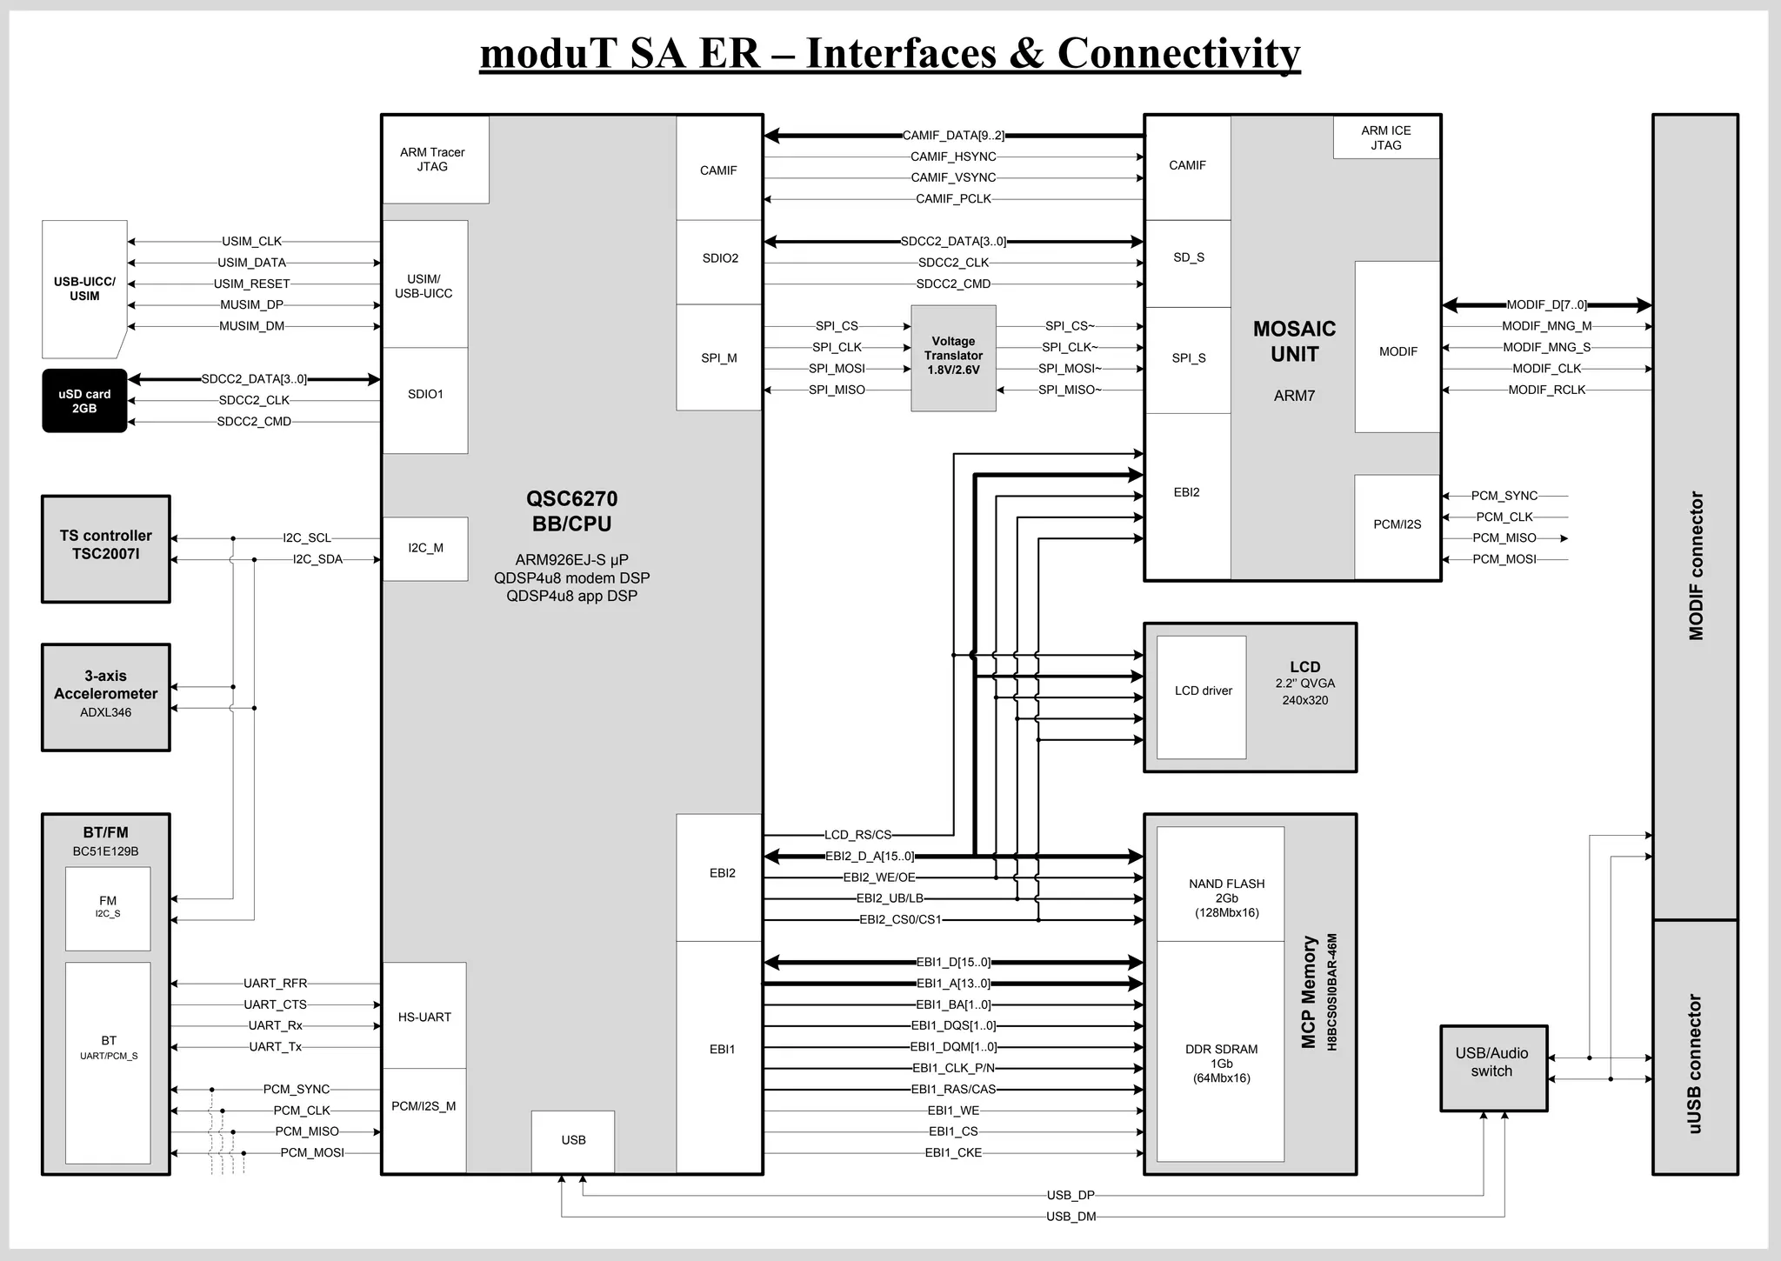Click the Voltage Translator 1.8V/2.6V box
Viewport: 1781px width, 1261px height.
pyautogui.click(x=953, y=357)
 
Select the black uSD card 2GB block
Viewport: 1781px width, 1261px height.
pyautogui.click(x=84, y=401)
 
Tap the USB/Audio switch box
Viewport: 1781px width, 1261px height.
pyautogui.click(x=1493, y=1067)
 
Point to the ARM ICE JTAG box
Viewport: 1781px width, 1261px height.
pyautogui.click(x=1385, y=137)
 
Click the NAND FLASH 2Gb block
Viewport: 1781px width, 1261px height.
pyautogui.click(x=1221, y=884)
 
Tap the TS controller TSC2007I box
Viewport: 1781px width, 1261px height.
pyautogui.click(x=106, y=549)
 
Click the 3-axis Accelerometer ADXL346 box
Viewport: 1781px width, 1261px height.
pyautogui.click(x=106, y=697)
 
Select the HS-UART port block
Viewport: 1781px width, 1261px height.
pyautogui.click(x=424, y=1016)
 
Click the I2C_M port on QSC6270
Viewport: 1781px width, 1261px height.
pyautogui.click(x=425, y=548)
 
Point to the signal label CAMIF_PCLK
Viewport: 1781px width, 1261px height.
pyautogui.click(x=953, y=199)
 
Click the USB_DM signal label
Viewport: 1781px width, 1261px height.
pyautogui.click(x=1071, y=1217)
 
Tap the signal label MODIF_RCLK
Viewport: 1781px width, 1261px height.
pyautogui.click(x=1546, y=390)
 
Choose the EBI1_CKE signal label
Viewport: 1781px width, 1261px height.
pyautogui.click(x=953, y=1153)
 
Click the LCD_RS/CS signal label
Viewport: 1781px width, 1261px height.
pyautogui.click(x=857, y=835)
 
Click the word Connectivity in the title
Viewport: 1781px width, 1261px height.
pyautogui.click(x=1178, y=53)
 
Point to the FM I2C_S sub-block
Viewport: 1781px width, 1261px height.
pyautogui.click(x=108, y=908)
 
